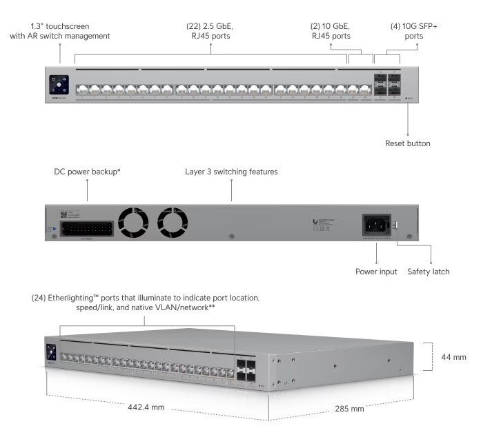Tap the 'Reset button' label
(407, 143)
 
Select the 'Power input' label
(376, 272)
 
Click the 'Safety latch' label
(428, 272)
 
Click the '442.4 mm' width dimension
(146, 407)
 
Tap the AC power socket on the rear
(376, 225)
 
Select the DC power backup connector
(86, 228)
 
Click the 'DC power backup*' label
(87, 172)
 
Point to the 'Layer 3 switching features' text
(231, 172)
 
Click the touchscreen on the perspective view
(51, 352)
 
